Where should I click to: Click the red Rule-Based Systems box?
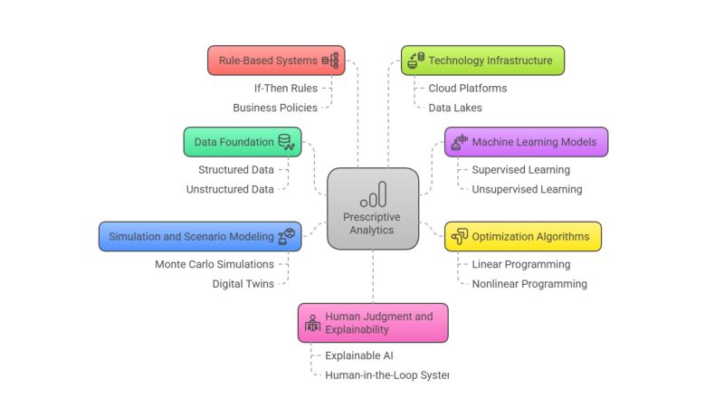(275, 61)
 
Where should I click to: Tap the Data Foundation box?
(242, 142)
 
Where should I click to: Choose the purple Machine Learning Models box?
(526, 142)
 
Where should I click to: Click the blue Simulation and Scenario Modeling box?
(199, 237)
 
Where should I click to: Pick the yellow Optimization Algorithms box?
(522, 237)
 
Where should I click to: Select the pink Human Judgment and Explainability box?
(373, 323)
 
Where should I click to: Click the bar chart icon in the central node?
(373, 194)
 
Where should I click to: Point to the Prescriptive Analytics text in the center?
(372, 223)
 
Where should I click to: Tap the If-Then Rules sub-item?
(285, 89)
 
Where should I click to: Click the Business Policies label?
(275, 108)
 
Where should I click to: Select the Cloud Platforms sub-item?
(467, 89)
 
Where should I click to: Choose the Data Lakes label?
(454, 108)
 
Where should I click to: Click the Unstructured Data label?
(230, 189)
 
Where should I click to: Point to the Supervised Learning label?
(520, 170)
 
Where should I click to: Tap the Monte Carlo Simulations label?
(214, 265)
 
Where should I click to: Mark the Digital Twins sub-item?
(243, 284)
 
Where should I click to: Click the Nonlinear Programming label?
(529, 284)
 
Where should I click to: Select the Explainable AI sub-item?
(358, 355)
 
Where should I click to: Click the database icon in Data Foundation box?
(285, 141)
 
